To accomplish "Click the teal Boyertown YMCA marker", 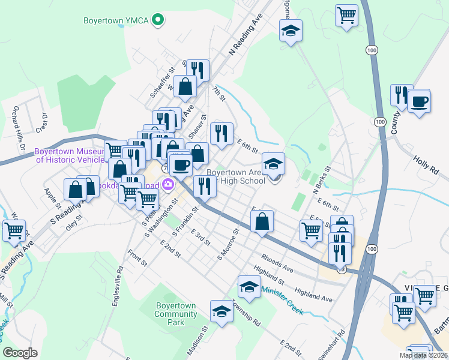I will (158, 20).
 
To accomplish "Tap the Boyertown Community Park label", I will (176, 314).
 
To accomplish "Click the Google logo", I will (20, 353).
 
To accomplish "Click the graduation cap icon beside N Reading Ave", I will (291, 31).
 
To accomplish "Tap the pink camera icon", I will (169, 184).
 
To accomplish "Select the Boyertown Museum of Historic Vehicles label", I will (71, 155).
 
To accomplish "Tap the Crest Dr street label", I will (42, 122).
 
